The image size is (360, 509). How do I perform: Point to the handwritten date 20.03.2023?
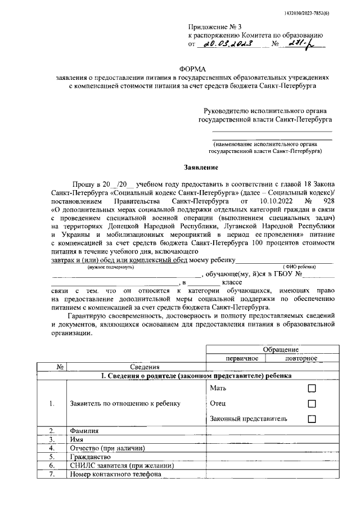click(225, 43)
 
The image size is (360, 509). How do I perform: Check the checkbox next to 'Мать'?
click(312, 389)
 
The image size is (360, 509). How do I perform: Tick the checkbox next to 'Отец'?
click(312, 404)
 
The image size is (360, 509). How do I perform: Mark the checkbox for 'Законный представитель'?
click(312, 419)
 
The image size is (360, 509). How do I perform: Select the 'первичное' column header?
click(235, 358)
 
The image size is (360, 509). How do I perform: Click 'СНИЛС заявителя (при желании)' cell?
click(122, 466)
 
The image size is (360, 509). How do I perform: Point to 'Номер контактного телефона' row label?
click(115, 475)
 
